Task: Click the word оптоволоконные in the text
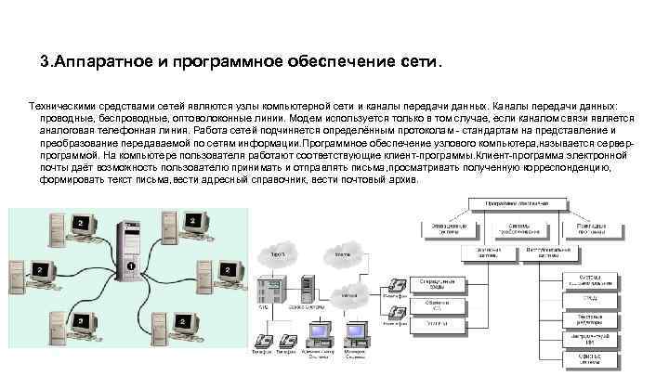pos(203,119)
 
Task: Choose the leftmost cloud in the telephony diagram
pos(276,253)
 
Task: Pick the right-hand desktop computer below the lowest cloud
pos(354,334)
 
